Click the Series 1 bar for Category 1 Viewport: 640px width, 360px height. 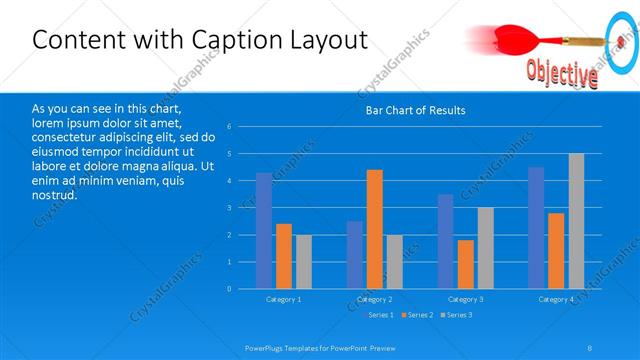[x=263, y=231]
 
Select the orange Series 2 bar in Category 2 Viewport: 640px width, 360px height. [x=374, y=229]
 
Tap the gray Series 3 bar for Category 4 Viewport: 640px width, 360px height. [x=576, y=221]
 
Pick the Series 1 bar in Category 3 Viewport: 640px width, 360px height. [x=445, y=241]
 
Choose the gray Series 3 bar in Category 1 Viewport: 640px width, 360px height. [x=303, y=262]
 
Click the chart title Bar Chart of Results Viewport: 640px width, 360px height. [x=414, y=110]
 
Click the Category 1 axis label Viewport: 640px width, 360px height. [x=283, y=299]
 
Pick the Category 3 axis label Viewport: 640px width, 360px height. [x=465, y=299]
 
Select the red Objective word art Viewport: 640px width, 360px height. [x=561, y=73]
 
